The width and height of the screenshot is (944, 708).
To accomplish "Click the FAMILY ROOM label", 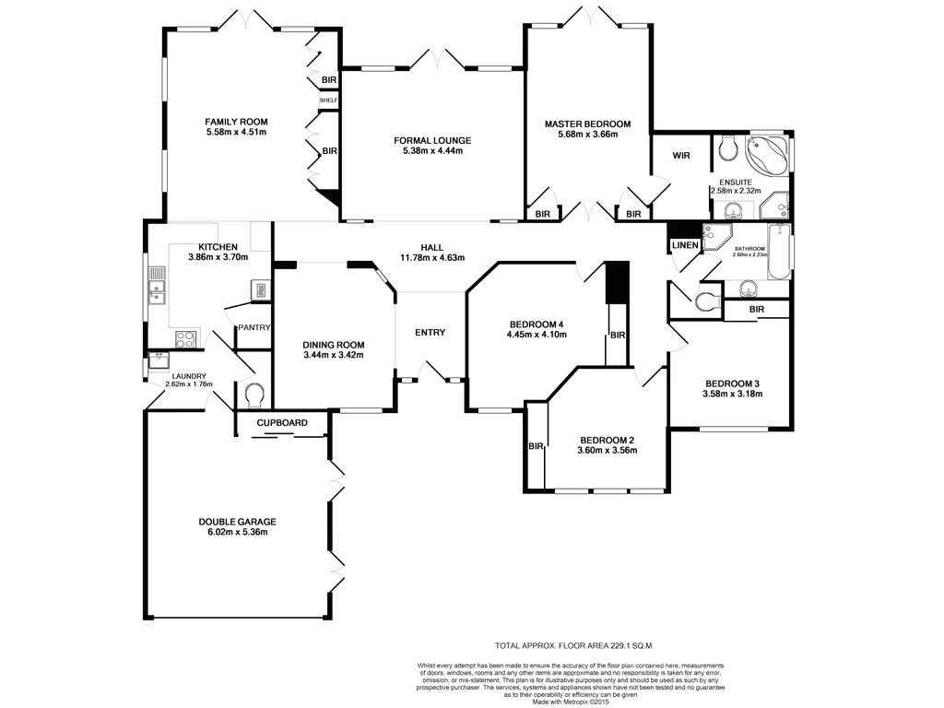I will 236,121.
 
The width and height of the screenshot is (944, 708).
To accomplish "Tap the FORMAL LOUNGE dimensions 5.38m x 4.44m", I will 432,152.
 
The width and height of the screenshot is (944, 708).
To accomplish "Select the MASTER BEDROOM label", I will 587,124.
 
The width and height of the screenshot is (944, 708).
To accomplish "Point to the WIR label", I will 681,156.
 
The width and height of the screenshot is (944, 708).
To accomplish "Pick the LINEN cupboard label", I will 685,245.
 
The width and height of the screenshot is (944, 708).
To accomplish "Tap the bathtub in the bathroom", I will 778,251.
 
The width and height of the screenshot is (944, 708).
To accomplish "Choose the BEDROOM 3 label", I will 733,383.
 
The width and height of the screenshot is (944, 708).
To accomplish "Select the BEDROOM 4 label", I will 536,324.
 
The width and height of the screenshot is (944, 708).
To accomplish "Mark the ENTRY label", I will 430,333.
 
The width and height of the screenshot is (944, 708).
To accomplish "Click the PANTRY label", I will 254,327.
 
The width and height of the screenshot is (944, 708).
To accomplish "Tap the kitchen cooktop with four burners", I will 185,338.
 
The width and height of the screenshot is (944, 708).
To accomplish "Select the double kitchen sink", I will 157,284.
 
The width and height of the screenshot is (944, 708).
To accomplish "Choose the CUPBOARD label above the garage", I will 281,422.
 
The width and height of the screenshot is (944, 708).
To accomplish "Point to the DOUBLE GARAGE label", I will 237,521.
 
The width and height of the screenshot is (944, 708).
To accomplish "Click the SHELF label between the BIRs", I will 328,100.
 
